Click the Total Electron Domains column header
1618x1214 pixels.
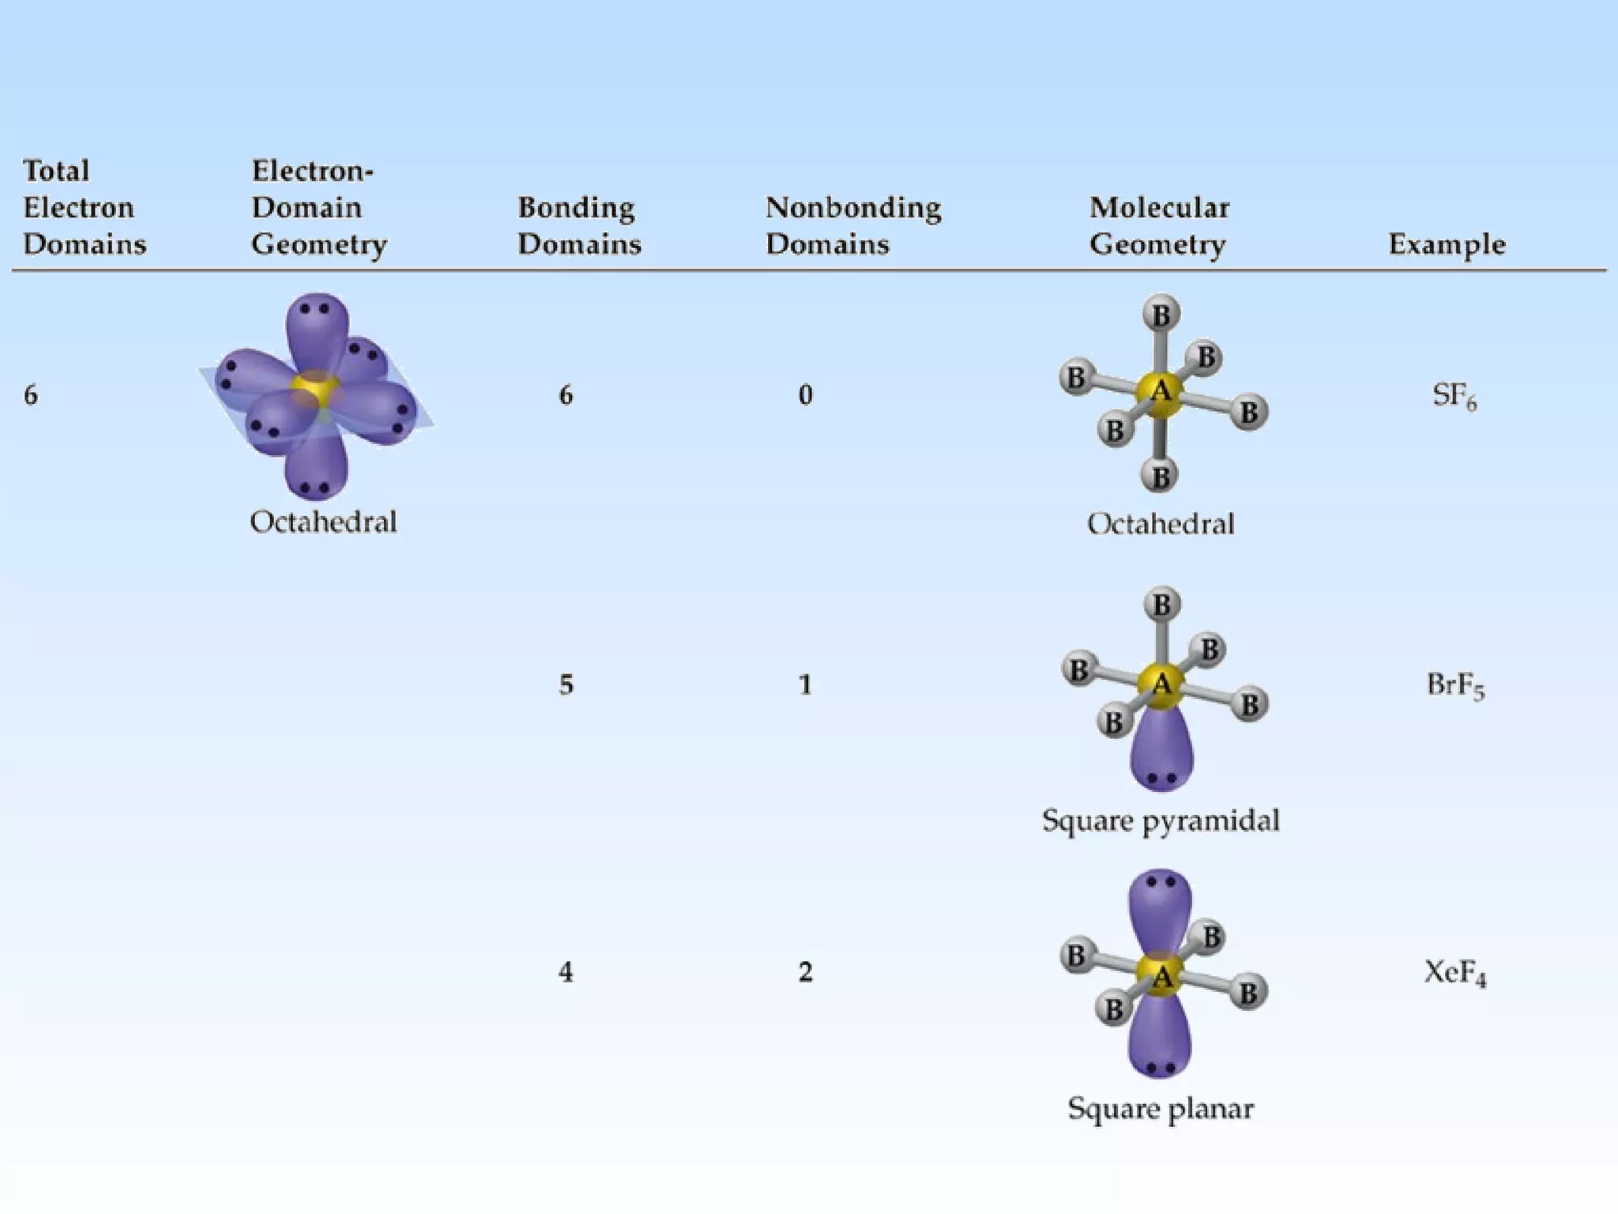pos(85,207)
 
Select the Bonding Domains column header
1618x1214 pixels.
pos(579,225)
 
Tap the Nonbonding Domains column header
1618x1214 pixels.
pos(852,225)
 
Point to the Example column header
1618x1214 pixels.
pos(1447,243)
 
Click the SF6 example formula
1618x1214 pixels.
pos(1454,395)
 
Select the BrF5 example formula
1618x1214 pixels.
pos(1455,684)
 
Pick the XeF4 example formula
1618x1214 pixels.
pos(1455,972)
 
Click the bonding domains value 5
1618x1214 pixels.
pos(566,684)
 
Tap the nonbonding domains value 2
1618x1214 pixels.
pos(805,972)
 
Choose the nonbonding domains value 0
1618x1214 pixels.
pos(805,394)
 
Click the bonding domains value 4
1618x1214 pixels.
pos(566,972)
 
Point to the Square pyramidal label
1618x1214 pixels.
pos(1161,820)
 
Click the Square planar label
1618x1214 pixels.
pos(1161,1109)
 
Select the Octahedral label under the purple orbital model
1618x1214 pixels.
pos(323,522)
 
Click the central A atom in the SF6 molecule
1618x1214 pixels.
pos(1160,391)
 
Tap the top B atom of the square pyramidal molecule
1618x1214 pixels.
pos(1161,605)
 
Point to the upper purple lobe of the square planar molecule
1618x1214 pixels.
pos(1160,905)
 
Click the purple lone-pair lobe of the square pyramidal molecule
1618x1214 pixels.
pos(1161,751)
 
